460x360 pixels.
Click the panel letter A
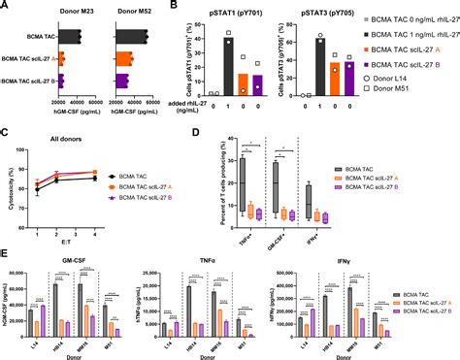[5, 6]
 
